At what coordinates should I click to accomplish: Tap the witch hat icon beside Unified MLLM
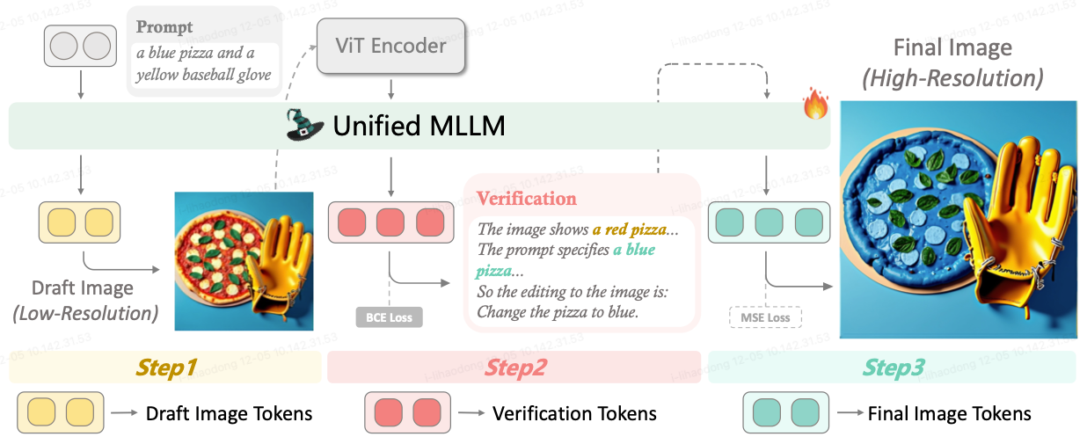pos(306,125)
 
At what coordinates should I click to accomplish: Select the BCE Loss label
pos(389,317)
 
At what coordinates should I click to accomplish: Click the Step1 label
pos(165,368)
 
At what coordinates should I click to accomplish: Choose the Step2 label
pos(516,368)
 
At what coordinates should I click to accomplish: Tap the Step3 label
pos(893,368)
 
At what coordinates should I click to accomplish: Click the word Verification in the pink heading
pos(527,199)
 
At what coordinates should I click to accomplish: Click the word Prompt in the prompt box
pos(164,27)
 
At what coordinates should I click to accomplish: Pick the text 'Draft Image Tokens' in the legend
pos(229,413)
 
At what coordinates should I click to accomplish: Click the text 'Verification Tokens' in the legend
pos(574,413)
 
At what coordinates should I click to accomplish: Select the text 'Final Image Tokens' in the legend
pos(949,413)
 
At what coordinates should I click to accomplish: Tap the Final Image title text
pos(952,47)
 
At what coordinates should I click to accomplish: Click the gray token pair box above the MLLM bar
pos(80,47)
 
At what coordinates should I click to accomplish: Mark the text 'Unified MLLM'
pos(419,126)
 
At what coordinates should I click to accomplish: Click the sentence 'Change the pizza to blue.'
pos(558,311)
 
